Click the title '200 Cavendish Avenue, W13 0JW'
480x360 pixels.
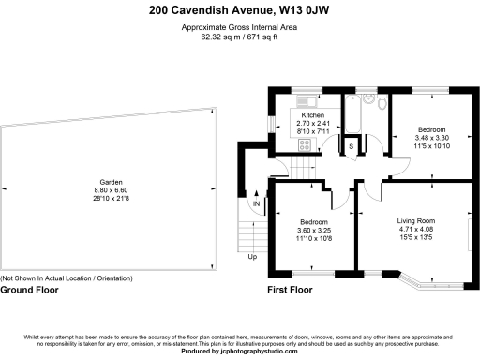pyautogui.click(x=239, y=11)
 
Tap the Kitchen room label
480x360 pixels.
pyautogui.click(x=312, y=115)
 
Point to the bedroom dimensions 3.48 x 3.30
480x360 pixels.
pyautogui.click(x=431, y=138)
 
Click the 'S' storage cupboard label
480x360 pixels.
pyautogui.click(x=352, y=146)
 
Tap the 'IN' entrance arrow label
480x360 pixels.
pyautogui.click(x=255, y=203)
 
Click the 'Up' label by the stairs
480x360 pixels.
pyautogui.click(x=252, y=256)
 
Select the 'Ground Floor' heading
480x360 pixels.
pyautogui.click(x=29, y=290)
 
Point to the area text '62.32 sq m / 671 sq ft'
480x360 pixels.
pyautogui.click(x=239, y=37)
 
